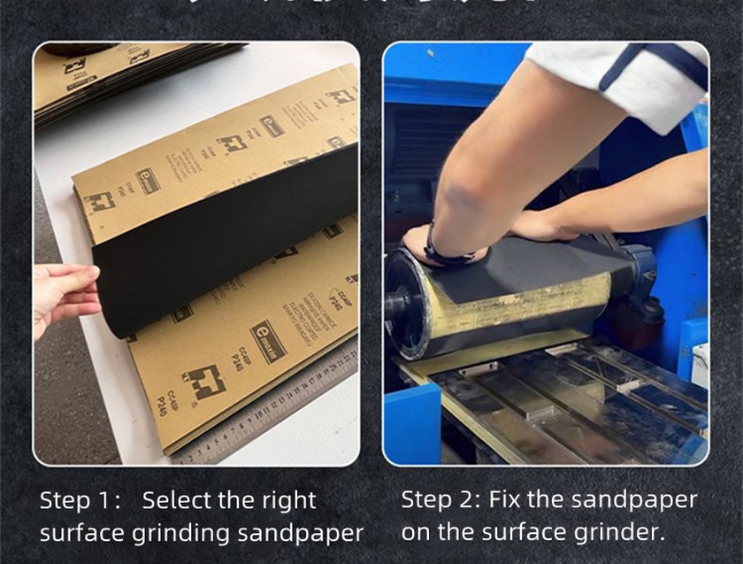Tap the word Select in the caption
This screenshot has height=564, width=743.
point(177,500)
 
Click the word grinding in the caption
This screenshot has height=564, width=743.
point(188,534)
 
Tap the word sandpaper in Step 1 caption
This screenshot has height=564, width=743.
point(302,534)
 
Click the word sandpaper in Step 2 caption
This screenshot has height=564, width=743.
point(635,499)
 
